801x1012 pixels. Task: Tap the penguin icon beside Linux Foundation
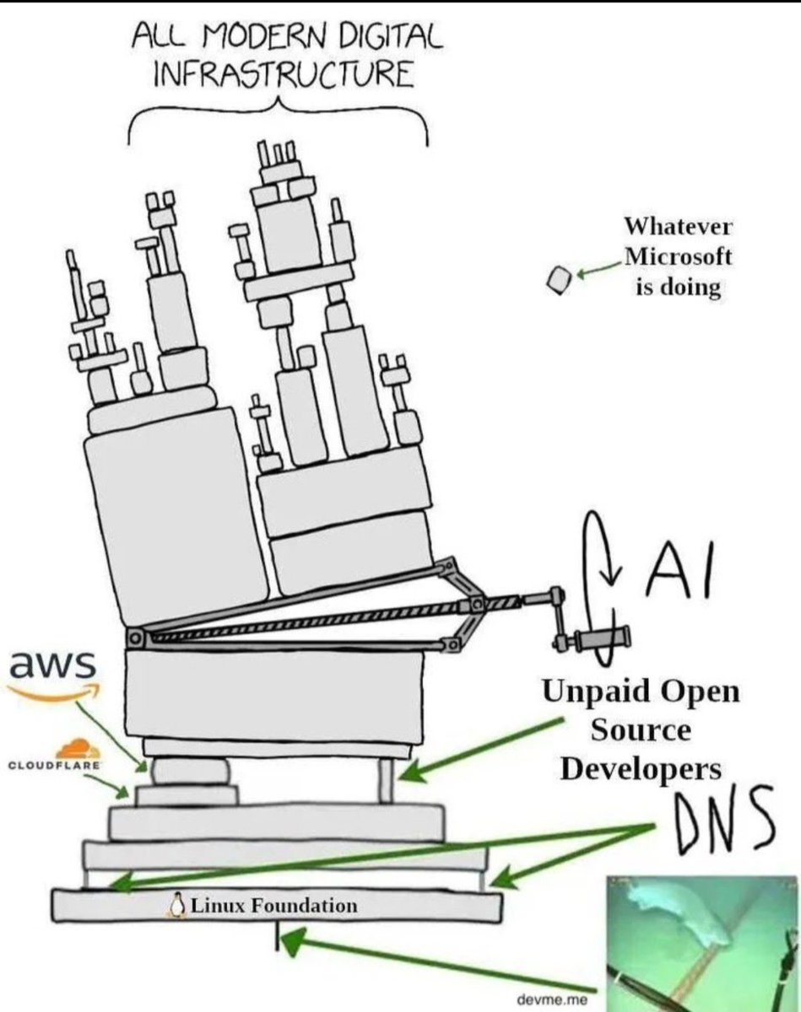pos(177,905)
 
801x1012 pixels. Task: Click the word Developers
pos(642,768)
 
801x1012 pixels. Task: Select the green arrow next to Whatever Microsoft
pos(598,268)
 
